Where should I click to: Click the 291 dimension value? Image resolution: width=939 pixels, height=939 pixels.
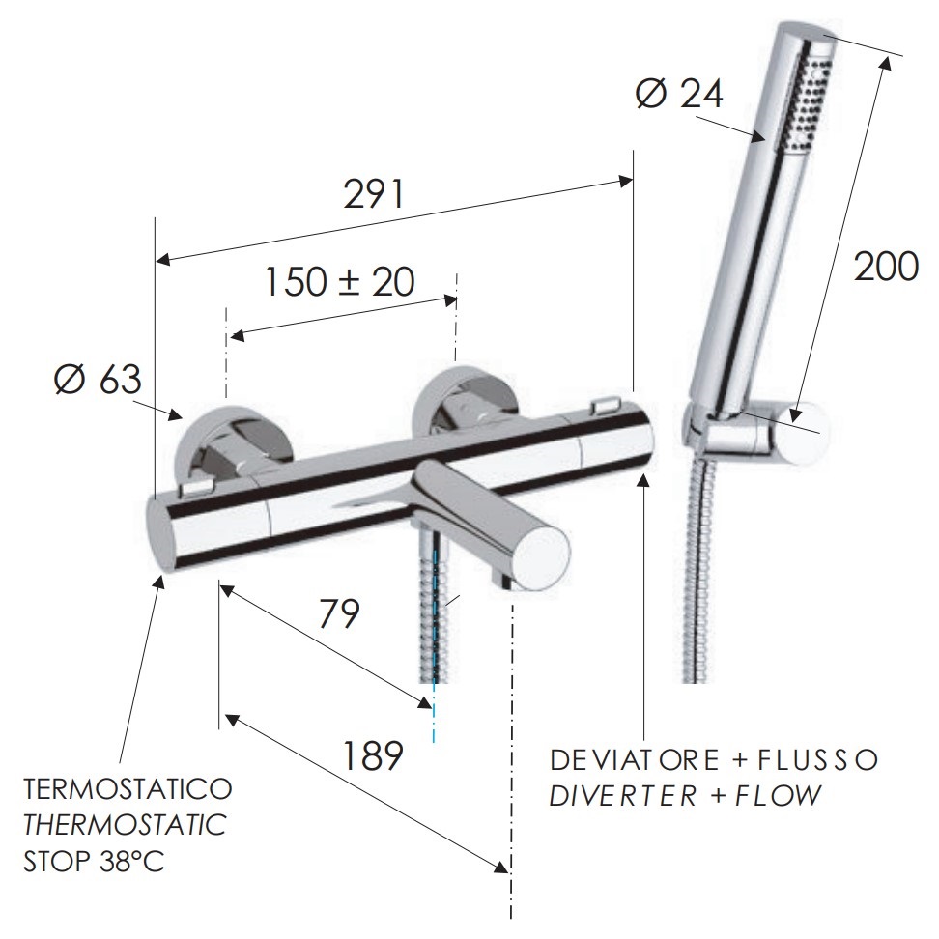click(375, 194)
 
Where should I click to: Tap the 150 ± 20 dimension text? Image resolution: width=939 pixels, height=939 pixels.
click(339, 282)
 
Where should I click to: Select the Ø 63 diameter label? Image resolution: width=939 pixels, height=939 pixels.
click(98, 379)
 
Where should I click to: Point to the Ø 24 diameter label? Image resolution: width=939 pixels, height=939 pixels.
click(679, 94)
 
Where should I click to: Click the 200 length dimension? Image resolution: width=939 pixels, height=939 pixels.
click(886, 266)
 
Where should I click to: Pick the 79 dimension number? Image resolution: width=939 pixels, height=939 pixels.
click(339, 613)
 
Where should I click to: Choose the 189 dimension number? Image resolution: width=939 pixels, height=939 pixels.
click(371, 755)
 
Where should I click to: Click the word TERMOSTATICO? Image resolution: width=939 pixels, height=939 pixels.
click(127, 789)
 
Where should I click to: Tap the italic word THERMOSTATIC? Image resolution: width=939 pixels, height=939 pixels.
click(125, 825)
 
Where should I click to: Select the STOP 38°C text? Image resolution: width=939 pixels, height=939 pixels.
click(94, 861)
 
